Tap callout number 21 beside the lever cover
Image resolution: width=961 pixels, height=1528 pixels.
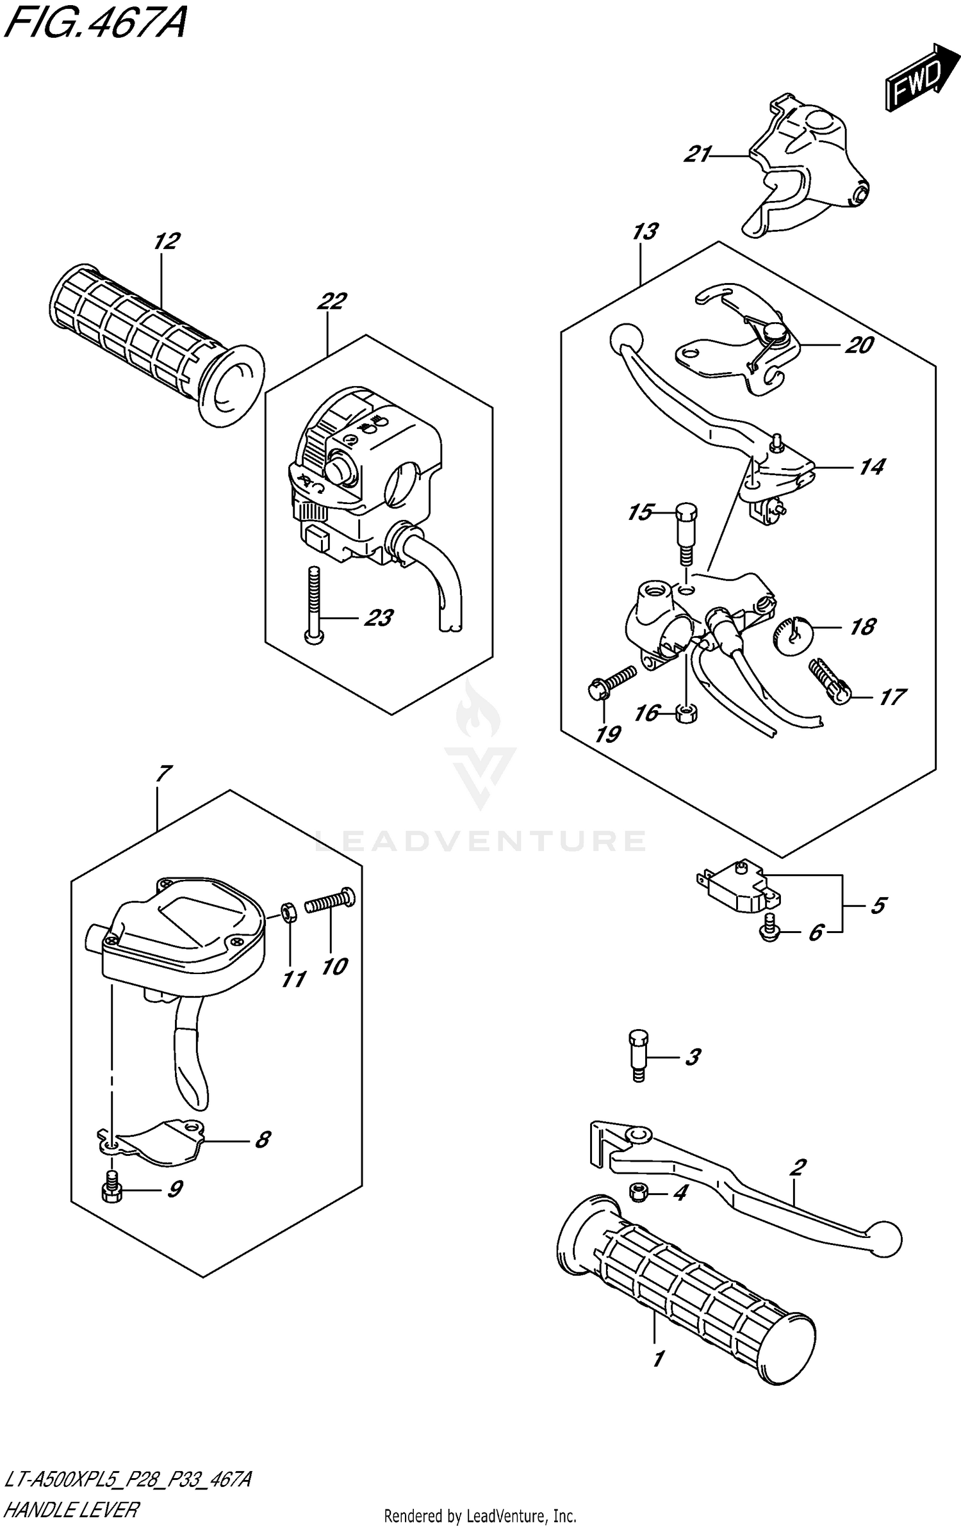pyautogui.click(x=698, y=154)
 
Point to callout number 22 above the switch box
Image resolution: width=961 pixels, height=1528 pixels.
pyautogui.click(x=331, y=301)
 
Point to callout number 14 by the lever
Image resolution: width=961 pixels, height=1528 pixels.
pyautogui.click(x=872, y=467)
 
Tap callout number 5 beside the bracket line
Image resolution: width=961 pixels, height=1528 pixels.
pyautogui.click(x=878, y=905)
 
